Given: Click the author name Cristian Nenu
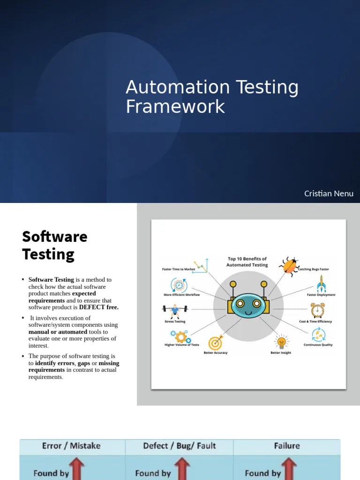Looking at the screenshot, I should click(329, 194).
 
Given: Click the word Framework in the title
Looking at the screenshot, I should click(175, 106).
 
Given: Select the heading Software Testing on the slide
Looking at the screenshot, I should click(54, 245).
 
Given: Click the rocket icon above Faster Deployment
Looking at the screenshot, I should click(321, 283).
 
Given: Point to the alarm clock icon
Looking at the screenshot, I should click(317, 310).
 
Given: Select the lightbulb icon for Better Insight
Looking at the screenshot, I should click(281, 342).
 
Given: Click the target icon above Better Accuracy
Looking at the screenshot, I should click(216, 342).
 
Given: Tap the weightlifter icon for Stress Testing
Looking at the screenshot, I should click(174, 310).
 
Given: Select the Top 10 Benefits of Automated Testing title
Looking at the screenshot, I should click(247, 262).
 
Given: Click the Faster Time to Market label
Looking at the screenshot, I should click(179, 270).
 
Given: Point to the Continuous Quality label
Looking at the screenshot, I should click(318, 345).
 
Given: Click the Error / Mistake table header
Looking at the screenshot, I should click(71, 446).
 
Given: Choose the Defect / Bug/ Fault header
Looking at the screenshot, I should click(180, 446).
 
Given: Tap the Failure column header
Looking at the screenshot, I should click(287, 446).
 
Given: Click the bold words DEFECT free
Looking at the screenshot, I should click(99, 307).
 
